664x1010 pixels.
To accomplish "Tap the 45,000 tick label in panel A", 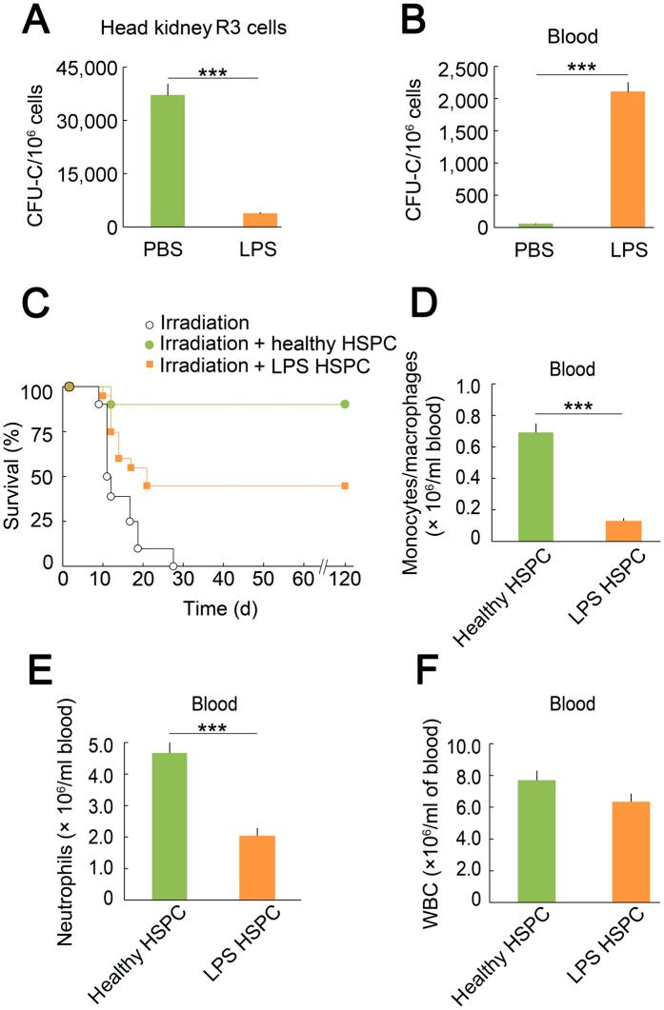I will tap(87, 69).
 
